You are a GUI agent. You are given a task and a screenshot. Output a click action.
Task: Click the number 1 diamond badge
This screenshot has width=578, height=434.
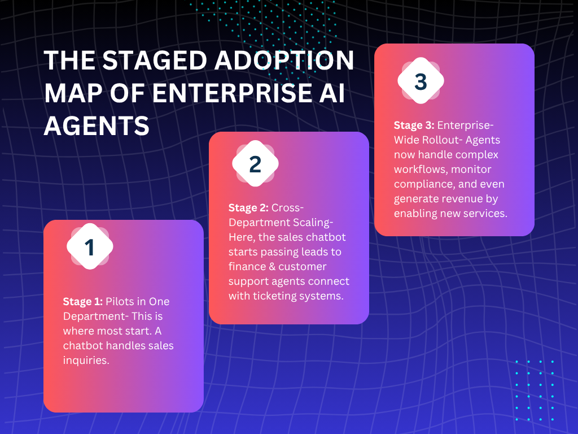tap(90, 247)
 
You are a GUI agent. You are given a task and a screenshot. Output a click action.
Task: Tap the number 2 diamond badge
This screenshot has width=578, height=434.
tap(255, 164)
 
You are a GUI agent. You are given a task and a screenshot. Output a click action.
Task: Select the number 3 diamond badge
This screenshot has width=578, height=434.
tap(421, 81)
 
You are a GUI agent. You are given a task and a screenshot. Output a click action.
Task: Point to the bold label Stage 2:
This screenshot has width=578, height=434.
tap(249, 207)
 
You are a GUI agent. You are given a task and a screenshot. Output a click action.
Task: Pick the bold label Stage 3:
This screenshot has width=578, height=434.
tap(414, 125)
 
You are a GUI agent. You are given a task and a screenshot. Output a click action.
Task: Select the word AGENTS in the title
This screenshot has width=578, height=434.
tap(97, 125)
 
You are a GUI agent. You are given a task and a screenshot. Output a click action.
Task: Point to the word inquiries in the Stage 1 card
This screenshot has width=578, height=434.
tap(86, 360)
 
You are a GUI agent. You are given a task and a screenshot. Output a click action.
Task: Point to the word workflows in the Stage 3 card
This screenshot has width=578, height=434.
tap(421, 169)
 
